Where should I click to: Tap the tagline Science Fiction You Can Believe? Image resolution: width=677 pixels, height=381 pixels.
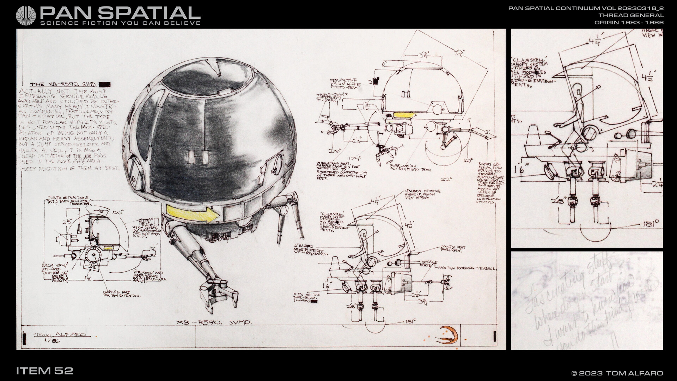[x=121, y=23]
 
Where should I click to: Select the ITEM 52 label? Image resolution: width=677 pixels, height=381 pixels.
[x=44, y=371]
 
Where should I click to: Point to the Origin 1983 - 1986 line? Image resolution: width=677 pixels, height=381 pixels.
[x=629, y=22]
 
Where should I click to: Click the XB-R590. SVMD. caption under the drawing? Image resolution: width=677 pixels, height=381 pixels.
[x=214, y=322]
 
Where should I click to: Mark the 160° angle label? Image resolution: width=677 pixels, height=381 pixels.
[x=468, y=161]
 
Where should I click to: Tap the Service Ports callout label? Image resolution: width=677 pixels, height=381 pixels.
[x=429, y=262]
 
